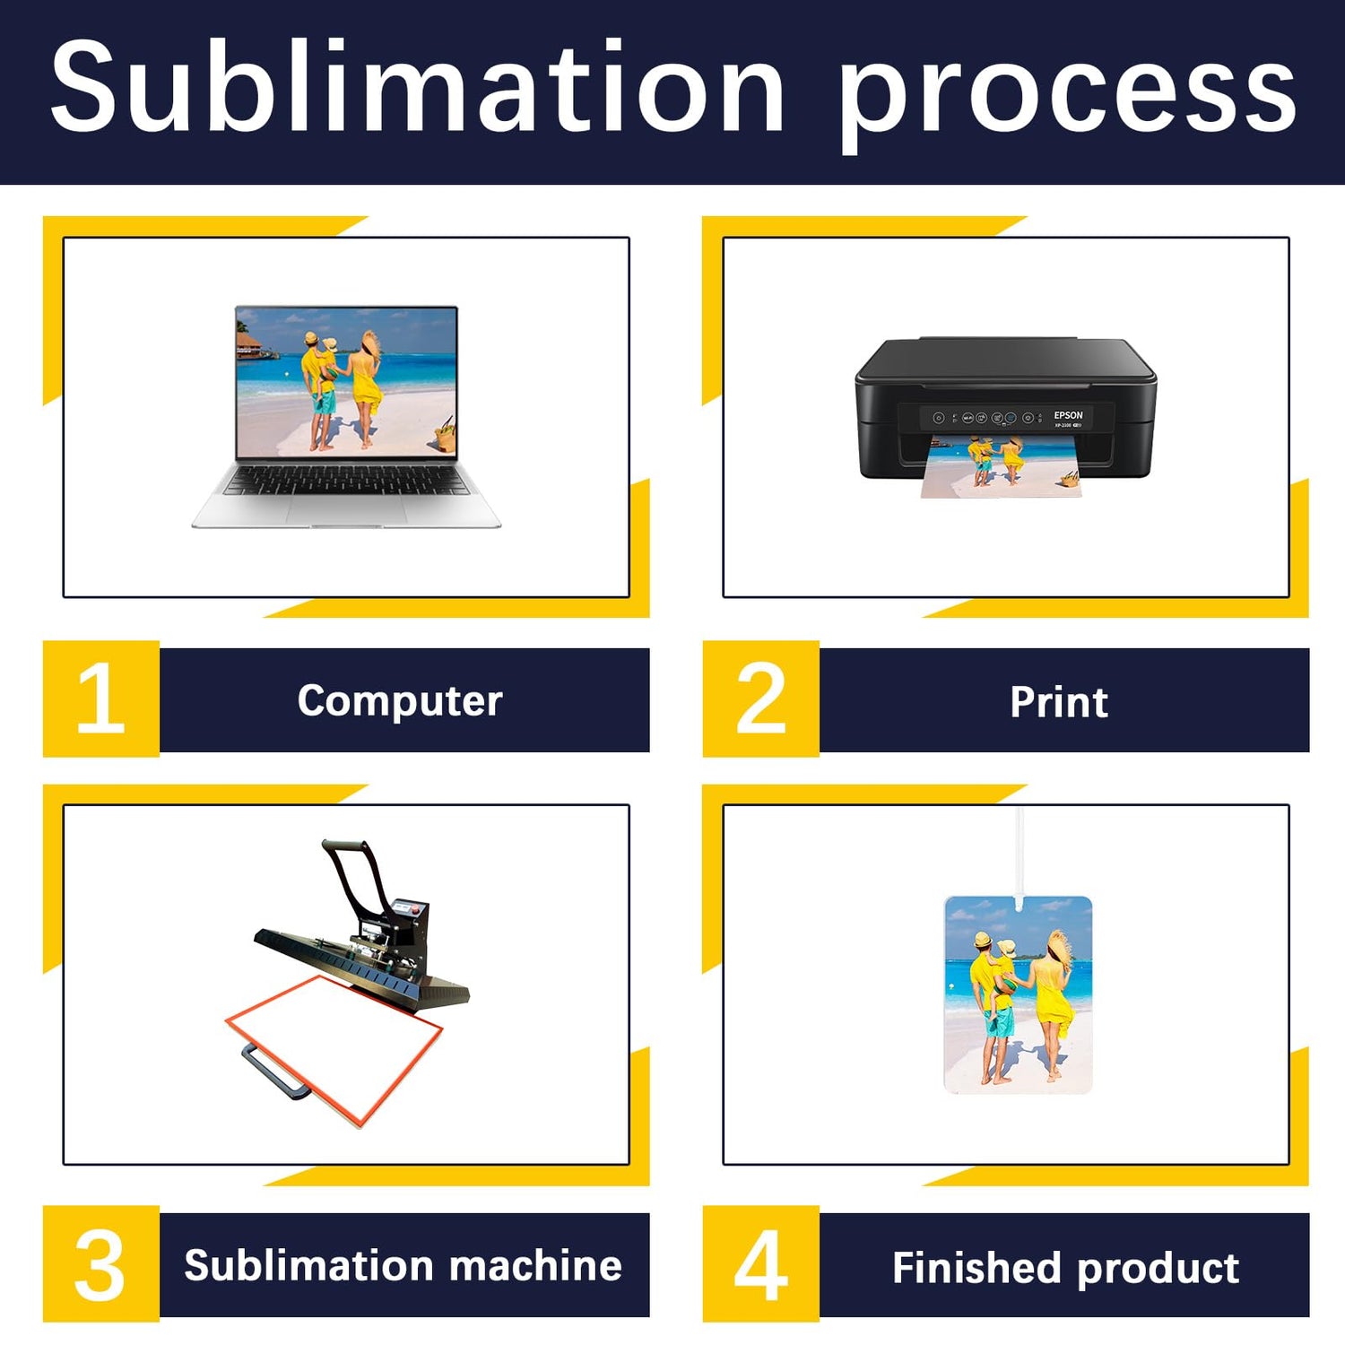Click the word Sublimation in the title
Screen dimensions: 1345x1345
pos(417,88)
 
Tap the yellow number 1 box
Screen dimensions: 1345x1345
pos(101,699)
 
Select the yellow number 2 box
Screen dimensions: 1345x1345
pos(761,699)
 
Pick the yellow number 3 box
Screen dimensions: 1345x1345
pos(101,1263)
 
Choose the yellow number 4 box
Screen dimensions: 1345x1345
pos(761,1263)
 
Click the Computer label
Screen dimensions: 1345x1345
pos(400,701)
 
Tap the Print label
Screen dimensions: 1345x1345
pos(1059,701)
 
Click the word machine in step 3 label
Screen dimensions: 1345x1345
pos(535,1265)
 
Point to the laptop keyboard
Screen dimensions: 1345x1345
pos(345,481)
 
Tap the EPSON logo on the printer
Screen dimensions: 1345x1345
pos(1068,415)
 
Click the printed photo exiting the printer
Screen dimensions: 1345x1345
pos(1002,466)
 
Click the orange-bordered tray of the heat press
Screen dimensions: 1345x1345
pos(334,1049)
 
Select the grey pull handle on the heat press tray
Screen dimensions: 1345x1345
pos(274,1072)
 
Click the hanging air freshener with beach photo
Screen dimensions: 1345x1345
pos(1019,994)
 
